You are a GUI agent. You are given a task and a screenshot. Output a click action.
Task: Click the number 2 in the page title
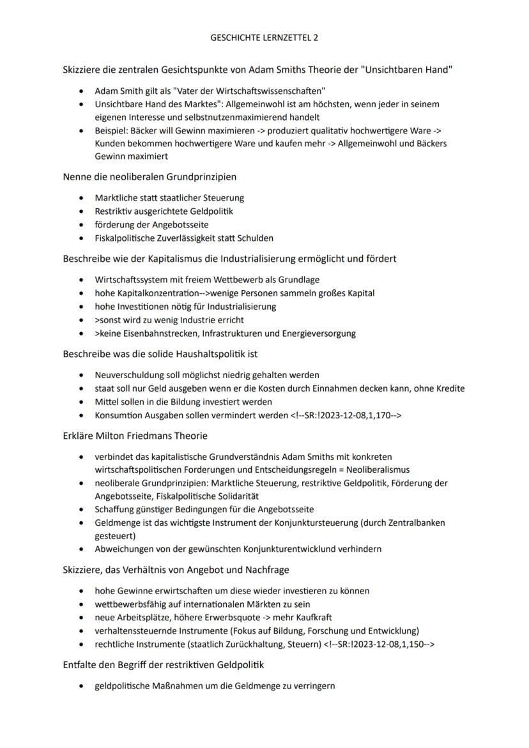coord(316,38)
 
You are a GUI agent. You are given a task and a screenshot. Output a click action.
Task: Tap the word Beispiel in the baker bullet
coord(112,130)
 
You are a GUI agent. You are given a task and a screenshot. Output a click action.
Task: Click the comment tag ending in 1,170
coord(346,415)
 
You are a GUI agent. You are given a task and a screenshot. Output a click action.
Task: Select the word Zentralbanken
coord(417,523)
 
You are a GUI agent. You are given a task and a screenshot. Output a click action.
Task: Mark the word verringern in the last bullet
coord(312,686)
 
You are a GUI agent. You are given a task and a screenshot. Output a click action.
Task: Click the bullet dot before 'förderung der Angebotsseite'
coord(81,225)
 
